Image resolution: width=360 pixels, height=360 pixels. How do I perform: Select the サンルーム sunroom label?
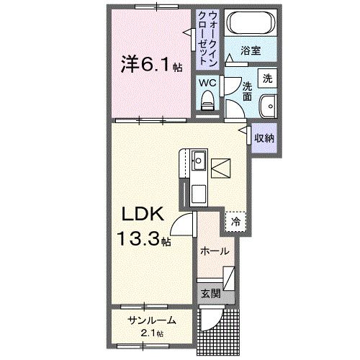pyautogui.click(x=153, y=320)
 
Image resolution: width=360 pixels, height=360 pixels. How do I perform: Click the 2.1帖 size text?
pyautogui.click(x=153, y=333)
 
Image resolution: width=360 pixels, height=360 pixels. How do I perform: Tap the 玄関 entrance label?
pyautogui.click(x=210, y=293)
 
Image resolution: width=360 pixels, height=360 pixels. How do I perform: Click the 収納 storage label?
pyautogui.click(x=264, y=137)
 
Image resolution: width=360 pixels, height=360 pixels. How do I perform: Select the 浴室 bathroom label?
pyautogui.click(x=251, y=51)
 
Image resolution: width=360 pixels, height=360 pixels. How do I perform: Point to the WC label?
pyautogui.click(x=207, y=83)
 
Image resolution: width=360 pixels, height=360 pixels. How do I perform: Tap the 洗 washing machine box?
pyautogui.click(x=266, y=77)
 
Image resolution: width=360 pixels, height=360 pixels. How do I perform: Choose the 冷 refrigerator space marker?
pyautogui.click(x=235, y=222)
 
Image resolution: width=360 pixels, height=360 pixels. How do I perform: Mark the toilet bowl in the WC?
pyautogui.click(x=209, y=102)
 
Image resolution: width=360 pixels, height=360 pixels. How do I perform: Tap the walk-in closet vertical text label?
pyautogui.click(x=209, y=37)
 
